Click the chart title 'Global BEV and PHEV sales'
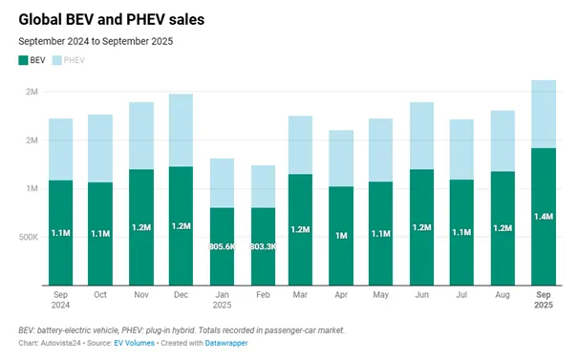111,18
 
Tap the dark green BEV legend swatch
24,60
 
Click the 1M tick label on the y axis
31,188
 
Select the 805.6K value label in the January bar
222,246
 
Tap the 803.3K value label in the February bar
263,246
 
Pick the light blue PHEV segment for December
181,130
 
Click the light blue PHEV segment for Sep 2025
544,114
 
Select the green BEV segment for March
301,229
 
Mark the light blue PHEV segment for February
263,186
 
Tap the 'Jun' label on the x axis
422,296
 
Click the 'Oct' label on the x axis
100,296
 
